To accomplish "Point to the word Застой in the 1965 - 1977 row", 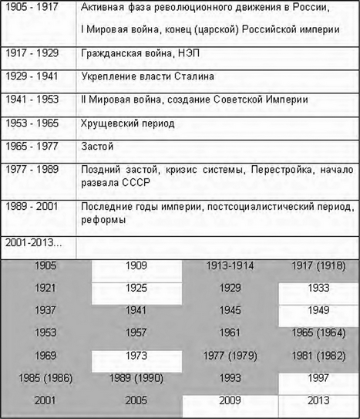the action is point(98,146).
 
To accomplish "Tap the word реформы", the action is point(103,220).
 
